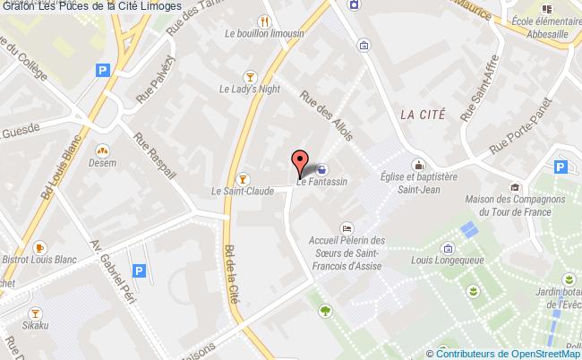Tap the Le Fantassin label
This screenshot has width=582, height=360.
click(321, 182)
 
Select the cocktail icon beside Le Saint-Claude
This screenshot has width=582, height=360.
click(242, 177)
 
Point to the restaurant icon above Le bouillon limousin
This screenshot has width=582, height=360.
click(265, 21)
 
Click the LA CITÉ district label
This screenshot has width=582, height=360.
click(423, 114)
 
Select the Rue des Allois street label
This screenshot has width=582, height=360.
click(326, 117)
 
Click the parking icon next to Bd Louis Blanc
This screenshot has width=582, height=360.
click(102, 70)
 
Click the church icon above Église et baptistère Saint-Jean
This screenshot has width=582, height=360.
click(417, 165)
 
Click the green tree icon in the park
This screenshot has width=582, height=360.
click(324, 311)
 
